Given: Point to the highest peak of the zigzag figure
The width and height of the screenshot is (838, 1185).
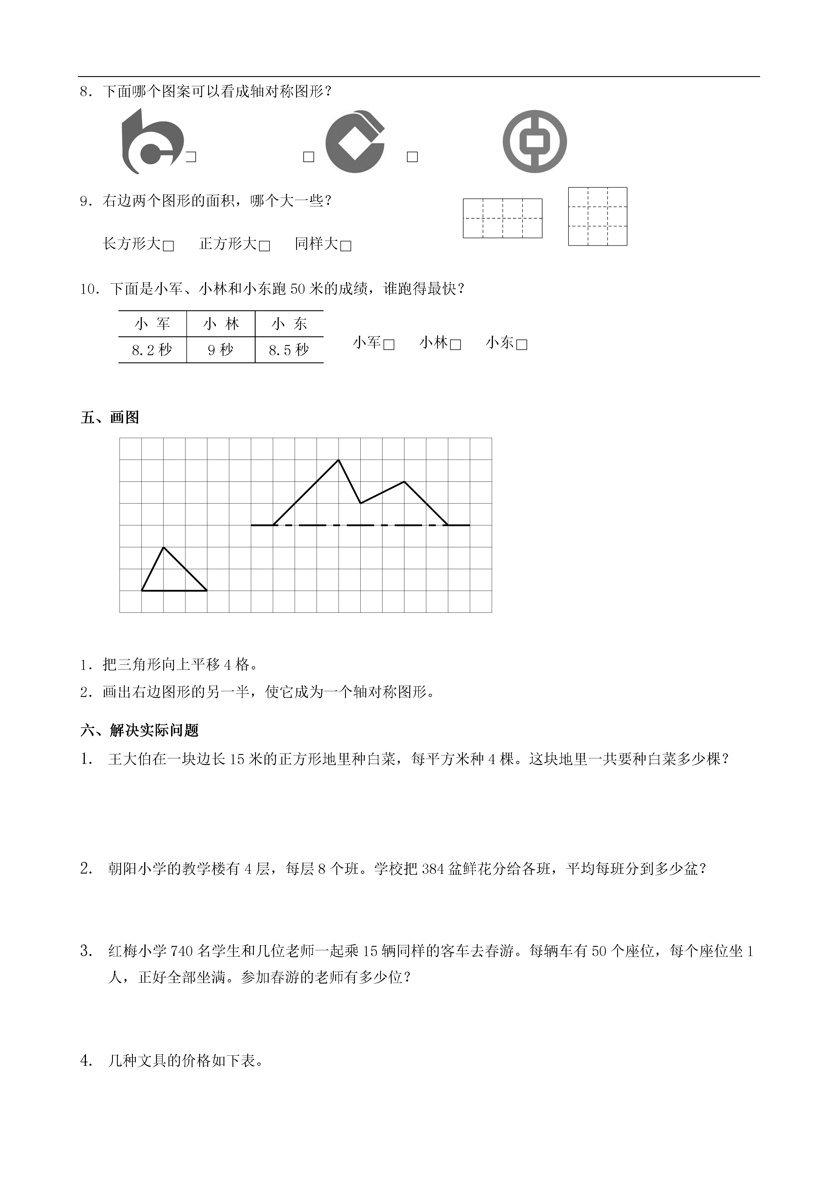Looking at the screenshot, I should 338,460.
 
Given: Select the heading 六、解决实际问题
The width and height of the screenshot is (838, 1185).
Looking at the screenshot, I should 139,730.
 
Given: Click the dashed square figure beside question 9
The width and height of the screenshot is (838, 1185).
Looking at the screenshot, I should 597,216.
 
